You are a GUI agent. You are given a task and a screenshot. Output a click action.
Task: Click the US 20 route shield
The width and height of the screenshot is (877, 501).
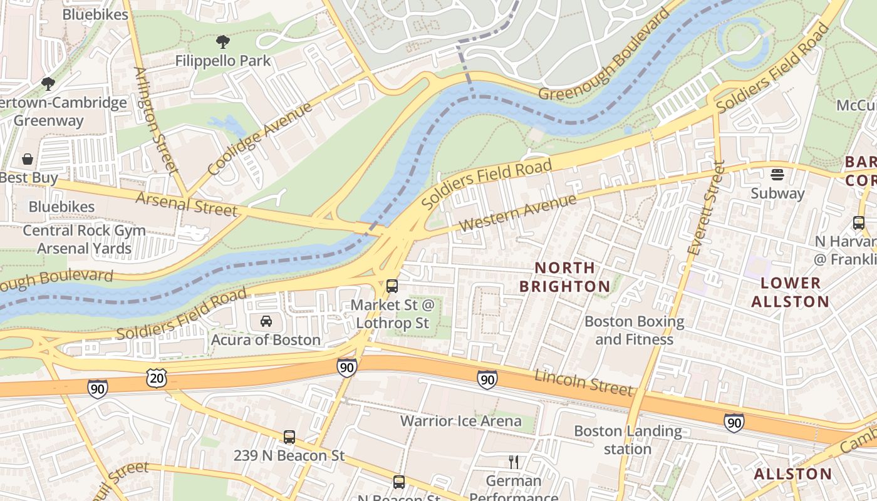pos(157,377)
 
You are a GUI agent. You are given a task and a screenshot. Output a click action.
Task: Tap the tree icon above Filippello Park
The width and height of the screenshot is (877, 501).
pos(222,43)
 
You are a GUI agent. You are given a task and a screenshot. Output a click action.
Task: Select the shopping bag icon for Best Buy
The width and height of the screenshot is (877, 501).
pos(28,159)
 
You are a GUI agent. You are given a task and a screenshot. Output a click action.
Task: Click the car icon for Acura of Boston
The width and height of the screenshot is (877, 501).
pos(266,321)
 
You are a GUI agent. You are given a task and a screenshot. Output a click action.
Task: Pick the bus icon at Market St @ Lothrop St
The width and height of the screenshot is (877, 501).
pos(392,286)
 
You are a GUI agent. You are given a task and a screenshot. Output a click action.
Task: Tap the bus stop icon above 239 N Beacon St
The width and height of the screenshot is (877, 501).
pos(289,437)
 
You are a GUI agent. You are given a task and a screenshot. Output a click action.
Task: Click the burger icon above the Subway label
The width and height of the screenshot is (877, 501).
pos(777,174)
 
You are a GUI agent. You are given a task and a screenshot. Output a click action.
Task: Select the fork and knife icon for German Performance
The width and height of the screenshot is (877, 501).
pos(514,462)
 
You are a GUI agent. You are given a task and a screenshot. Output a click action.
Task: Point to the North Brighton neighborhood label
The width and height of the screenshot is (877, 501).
pos(565,277)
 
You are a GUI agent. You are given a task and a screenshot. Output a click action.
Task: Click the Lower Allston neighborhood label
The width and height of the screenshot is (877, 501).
pos(790,292)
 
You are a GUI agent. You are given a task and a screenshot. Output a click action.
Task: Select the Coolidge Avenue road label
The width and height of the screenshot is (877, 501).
pos(259,139)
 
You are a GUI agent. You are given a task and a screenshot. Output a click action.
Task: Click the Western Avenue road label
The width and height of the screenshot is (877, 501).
pos(517,213)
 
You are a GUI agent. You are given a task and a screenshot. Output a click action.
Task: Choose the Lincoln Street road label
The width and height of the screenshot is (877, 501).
pos(583,383)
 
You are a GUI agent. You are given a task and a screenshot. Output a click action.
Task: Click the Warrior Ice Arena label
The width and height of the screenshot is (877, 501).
pos(460,421)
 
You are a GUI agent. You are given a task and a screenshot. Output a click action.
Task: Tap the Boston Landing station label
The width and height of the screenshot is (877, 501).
pos(628,440)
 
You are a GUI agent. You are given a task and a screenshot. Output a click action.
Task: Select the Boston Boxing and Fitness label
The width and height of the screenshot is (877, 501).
pos(634,330)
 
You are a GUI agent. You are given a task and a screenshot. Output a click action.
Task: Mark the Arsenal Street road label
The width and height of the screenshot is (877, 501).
pos(187,204)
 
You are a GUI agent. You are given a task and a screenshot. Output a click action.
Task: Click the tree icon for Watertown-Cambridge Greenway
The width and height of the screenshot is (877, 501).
pos(48,83)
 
